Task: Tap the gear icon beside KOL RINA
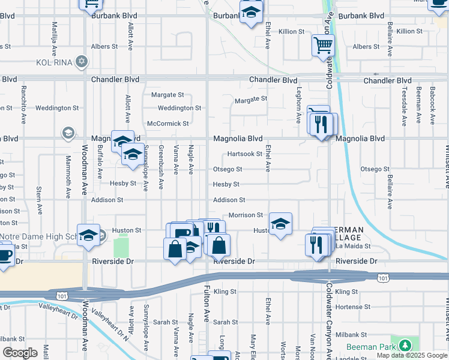click(x=81, y=62)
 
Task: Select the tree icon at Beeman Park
click(x=406, y=345)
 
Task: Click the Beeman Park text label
click(x=370, y=347)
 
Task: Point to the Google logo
click(x=20, y=353)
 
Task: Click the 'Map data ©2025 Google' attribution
click(x=412, y=355)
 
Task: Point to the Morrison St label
click(x=246, y=215)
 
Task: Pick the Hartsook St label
click(x=244, y=154)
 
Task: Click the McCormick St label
click(x=168, y=124)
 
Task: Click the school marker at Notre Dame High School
click(x=88, y=236)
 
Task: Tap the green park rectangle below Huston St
click(x=121, y=247)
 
